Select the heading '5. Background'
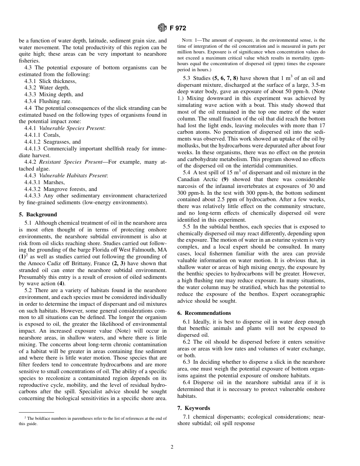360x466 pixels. pos(38,214)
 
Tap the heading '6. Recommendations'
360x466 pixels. pos(204,313)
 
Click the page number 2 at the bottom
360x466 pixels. pos(172,447)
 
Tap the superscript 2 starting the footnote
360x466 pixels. pos(25,418)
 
